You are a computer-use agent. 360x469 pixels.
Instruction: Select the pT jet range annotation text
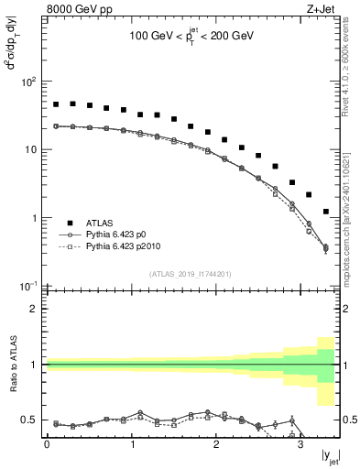[x=191, y=40]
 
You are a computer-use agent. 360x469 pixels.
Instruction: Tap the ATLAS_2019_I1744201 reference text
[x=191, y=274]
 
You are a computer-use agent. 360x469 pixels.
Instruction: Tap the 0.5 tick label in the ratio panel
[x=29, y=420]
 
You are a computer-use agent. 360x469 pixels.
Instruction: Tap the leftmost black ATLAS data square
[x=56, y=104]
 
